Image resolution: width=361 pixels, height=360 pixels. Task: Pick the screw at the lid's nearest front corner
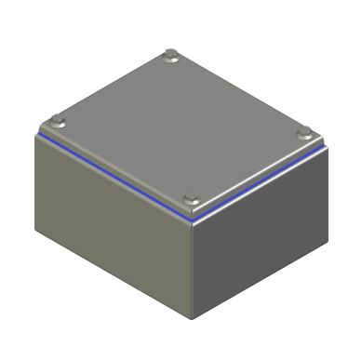[x=192, y=197]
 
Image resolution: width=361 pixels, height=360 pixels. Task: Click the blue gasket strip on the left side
[x=112, y=177]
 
